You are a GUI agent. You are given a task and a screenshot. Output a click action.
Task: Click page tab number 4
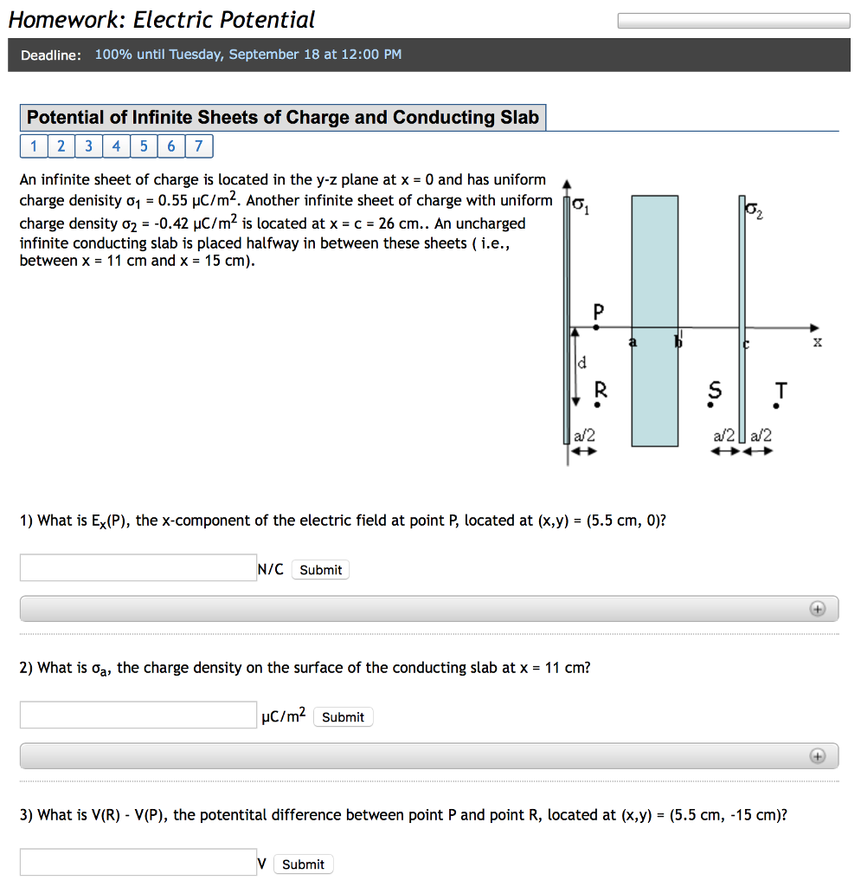tap(116, 146)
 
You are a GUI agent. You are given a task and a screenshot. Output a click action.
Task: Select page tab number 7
tap(198, 146)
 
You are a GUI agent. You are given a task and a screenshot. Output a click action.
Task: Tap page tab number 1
tap(34, 146)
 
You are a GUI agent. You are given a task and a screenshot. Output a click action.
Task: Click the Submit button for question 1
tap(320, 570)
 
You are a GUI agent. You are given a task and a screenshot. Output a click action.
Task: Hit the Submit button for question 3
tap(303, 864)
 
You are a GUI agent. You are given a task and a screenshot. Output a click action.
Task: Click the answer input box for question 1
tap(138, 568)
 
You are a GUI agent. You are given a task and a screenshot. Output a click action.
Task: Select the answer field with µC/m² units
tap(138, 715)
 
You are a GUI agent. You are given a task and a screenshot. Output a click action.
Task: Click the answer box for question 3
tap(138, 863)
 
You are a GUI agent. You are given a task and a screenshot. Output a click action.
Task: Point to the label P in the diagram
tap(598, 310)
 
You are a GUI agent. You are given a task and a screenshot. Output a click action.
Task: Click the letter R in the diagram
tap(600, 391)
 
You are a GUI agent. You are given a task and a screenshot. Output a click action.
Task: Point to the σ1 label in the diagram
tap(583, 208)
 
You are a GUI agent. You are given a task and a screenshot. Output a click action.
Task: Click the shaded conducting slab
tap(654, 320)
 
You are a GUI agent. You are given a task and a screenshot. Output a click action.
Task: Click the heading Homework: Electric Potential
tap(162, 20)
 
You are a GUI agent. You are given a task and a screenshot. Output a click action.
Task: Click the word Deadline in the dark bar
tap(51, 55)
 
